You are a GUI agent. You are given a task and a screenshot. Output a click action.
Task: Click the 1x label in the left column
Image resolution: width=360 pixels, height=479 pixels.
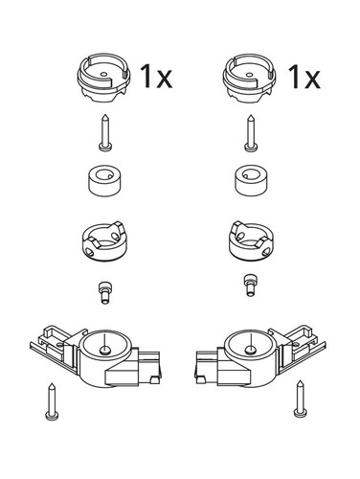point(156,76)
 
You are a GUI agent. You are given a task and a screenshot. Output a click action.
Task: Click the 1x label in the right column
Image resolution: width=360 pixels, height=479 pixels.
point(304,77)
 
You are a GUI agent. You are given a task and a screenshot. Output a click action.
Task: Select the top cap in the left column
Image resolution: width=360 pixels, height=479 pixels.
point(103,78)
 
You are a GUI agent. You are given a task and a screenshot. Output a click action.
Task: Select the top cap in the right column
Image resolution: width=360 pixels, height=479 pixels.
point(249,78)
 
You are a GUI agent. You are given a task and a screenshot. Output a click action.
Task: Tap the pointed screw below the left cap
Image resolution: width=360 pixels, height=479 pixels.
point(105,132)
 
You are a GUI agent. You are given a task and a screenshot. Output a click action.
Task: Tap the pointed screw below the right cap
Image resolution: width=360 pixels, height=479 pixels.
point(251,132)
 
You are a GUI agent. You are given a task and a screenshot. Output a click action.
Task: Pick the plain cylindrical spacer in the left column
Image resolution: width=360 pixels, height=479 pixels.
point(104,180)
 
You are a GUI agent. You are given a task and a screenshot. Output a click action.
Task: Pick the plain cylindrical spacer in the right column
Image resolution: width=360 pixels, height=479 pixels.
point(251,180)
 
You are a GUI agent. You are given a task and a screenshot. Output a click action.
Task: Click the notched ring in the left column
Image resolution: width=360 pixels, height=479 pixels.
point(105,241)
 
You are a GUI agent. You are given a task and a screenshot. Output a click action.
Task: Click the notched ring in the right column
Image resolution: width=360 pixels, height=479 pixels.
point(252,241)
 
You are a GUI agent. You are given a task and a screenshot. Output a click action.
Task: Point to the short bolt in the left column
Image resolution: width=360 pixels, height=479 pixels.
point(104,292)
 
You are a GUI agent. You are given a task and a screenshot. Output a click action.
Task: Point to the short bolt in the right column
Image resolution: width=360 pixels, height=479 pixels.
point(250,285)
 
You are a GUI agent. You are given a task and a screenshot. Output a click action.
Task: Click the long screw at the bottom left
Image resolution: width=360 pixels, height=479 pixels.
point(52,401)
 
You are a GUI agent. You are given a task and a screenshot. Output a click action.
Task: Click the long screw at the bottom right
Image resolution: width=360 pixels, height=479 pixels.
point(300,399)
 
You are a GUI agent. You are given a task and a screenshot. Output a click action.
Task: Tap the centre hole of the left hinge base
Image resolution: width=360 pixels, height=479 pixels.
point(104,351)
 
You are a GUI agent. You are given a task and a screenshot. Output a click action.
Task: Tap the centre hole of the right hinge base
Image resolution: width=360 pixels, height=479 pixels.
point(251,351)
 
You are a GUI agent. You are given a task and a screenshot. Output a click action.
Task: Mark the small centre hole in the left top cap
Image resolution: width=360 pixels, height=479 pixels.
point(102,74)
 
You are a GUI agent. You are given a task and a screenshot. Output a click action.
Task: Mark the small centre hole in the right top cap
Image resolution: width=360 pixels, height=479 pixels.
point(248,75)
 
